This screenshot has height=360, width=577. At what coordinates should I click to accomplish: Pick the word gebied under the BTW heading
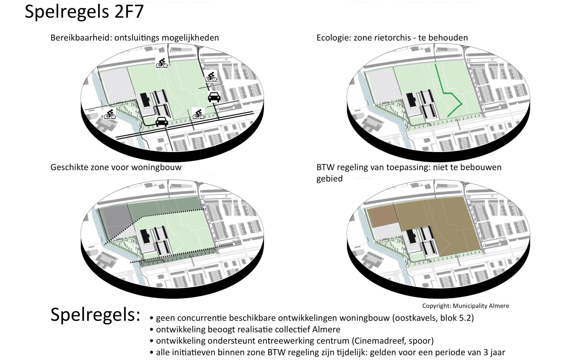(x=329, y=179)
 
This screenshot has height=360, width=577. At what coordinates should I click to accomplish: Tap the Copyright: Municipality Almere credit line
(x=465, y=306)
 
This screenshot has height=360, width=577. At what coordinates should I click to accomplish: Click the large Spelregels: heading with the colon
(x=95, y=315)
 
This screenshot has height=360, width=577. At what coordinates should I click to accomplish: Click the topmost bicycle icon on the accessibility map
(x=162, y=63)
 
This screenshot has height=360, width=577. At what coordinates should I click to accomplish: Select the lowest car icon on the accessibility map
(x=161, y=122)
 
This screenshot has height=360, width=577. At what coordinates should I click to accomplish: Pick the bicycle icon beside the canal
(x=110, y=114)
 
